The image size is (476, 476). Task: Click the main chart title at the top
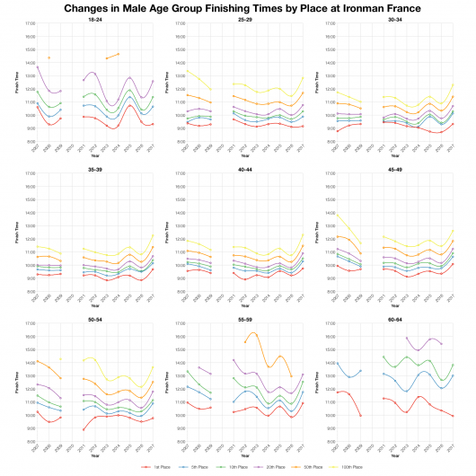coord(237,7)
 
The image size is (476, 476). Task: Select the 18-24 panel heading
coord(90,18)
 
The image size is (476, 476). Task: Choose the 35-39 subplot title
coord(90,167)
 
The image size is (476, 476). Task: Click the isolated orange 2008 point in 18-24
coord(49,57)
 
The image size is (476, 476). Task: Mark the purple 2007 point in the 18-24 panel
coord(38,67)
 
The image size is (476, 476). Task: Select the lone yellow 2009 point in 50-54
coord(60,359)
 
